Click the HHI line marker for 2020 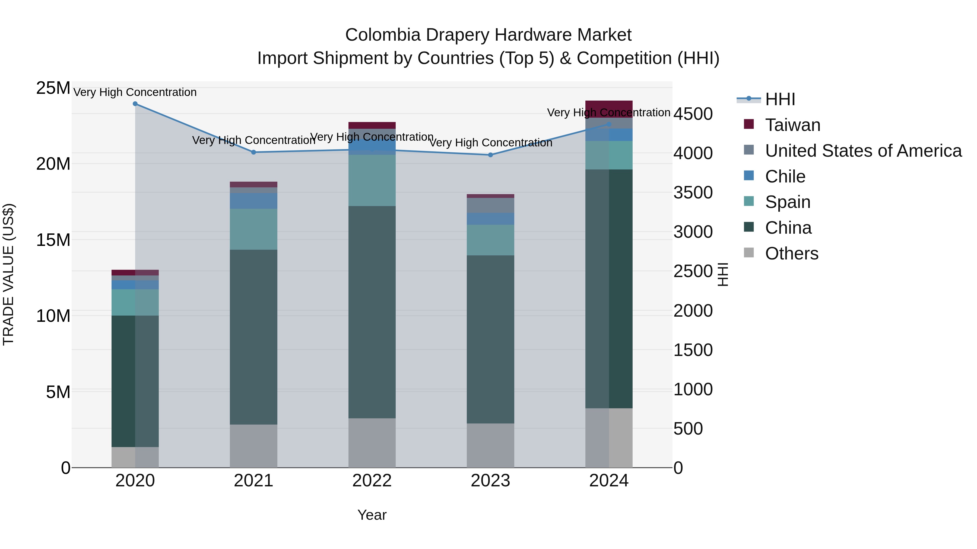[135, 104]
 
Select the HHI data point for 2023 [490, 155]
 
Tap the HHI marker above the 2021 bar [254, 152]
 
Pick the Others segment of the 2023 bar [490, 445]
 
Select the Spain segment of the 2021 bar [253, 229]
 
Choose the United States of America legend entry [863, 151]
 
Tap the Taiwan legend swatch [749, 124]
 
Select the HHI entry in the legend [780, 99]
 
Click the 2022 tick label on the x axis [372, 481]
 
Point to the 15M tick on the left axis [53, 240]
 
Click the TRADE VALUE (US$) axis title [8, 274]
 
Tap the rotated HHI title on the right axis [723, 274]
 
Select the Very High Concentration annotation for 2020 [135, 92]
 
